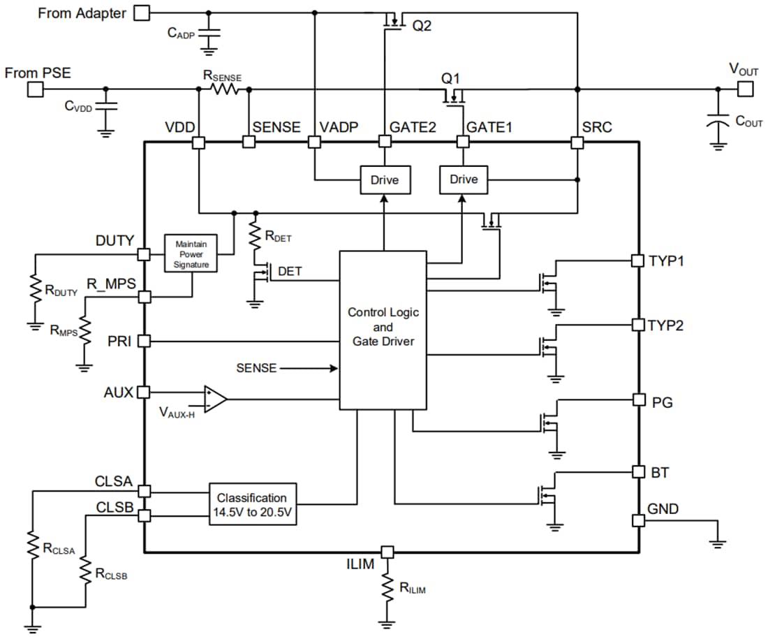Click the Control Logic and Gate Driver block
383,330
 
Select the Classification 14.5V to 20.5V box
251,504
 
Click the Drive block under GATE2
384,180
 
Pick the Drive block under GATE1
463,180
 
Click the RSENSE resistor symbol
224,89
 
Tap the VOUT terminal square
745,89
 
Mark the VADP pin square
314,142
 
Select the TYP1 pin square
637,260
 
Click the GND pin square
637,520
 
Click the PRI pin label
119,341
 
